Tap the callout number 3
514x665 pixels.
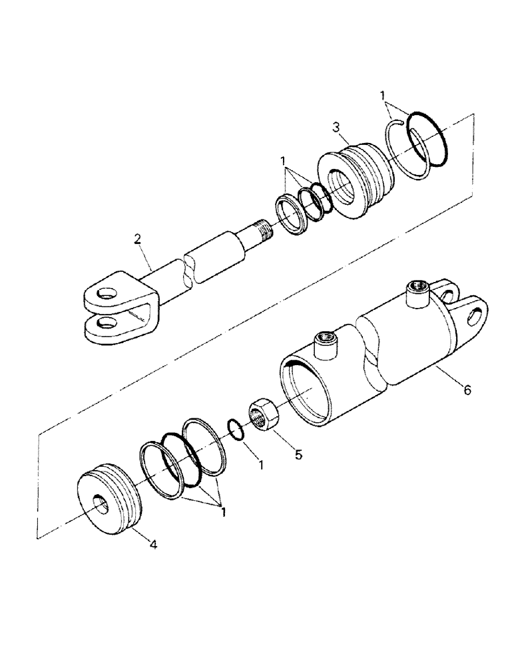[x=338, y=126]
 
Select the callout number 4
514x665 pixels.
[x=153, y=545]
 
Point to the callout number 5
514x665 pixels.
[x=299, y=455]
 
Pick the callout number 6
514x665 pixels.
[x=467, y=390]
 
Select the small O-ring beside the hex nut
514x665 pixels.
[x=235, y=429]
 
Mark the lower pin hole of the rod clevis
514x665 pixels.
[x=105, y=324]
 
